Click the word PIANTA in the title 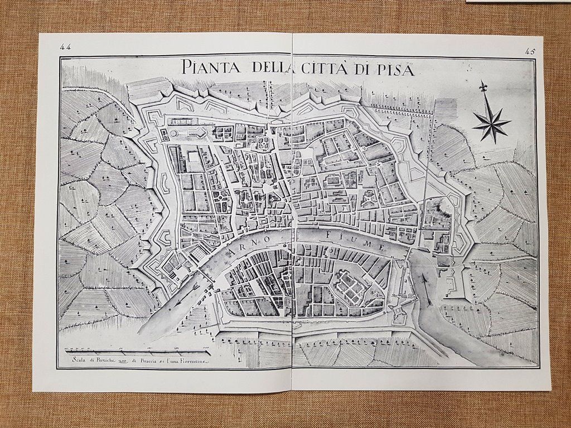pyautogui.click(x=211, y=68)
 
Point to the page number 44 pyautogui.click(x=66, y=47)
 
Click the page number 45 pyautogui.click(x=530, y=51)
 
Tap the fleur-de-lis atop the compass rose pyautogui.click(x=482, y=87)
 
